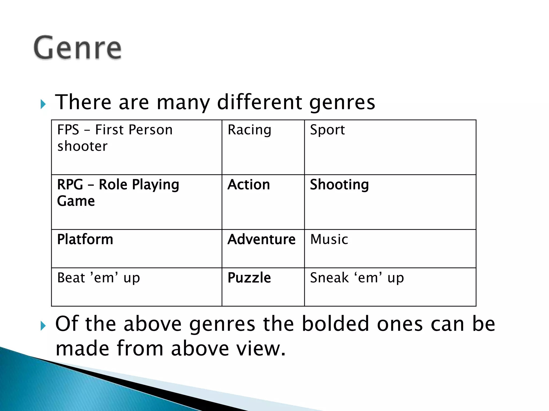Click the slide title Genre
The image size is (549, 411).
78,48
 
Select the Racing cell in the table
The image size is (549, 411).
249,130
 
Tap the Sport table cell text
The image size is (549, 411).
327,130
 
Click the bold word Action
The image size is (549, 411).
248,185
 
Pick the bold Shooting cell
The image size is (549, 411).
339,185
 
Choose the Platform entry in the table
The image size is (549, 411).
85,239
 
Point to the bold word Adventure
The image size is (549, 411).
261,239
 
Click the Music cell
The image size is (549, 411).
329,239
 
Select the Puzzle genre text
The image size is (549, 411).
249,278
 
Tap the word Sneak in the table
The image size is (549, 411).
329,278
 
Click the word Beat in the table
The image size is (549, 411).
71,278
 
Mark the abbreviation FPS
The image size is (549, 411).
68,130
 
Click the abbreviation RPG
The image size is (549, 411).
70,185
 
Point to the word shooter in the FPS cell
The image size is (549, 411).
82,146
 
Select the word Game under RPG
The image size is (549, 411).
76,201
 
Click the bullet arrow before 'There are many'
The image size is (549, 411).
43,104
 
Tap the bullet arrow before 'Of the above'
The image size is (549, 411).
43,326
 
